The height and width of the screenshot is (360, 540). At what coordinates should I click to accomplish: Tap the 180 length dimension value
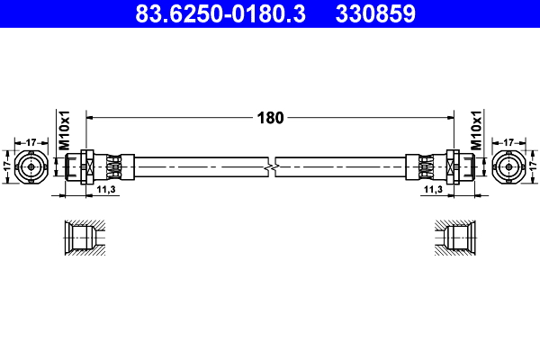click(x=271, y=118)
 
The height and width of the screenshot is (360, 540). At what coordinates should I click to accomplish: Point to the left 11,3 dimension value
click(x=105, y=190)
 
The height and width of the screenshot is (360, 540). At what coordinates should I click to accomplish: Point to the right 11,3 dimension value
click(x=433, y=190)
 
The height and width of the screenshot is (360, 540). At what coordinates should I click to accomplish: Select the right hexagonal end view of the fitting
click(x=508, y=166)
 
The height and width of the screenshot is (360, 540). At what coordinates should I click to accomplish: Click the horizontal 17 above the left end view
click(x=31, y=141)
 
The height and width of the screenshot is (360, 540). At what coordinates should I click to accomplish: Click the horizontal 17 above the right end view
click(x=508, y=141)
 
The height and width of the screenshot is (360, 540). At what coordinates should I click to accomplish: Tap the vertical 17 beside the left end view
click(x=8, y=166)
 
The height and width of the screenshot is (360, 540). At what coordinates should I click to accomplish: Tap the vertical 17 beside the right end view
click(x=532, y=166)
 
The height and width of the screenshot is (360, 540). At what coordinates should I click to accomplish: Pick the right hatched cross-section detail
click(x=457, y=238)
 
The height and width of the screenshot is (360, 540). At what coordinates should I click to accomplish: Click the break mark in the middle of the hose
click(x=271, y=166)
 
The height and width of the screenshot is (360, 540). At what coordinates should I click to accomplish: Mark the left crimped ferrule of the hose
click(x=112, y=166)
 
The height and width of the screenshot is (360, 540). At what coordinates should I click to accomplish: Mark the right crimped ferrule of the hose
click(x=427, y=166)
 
